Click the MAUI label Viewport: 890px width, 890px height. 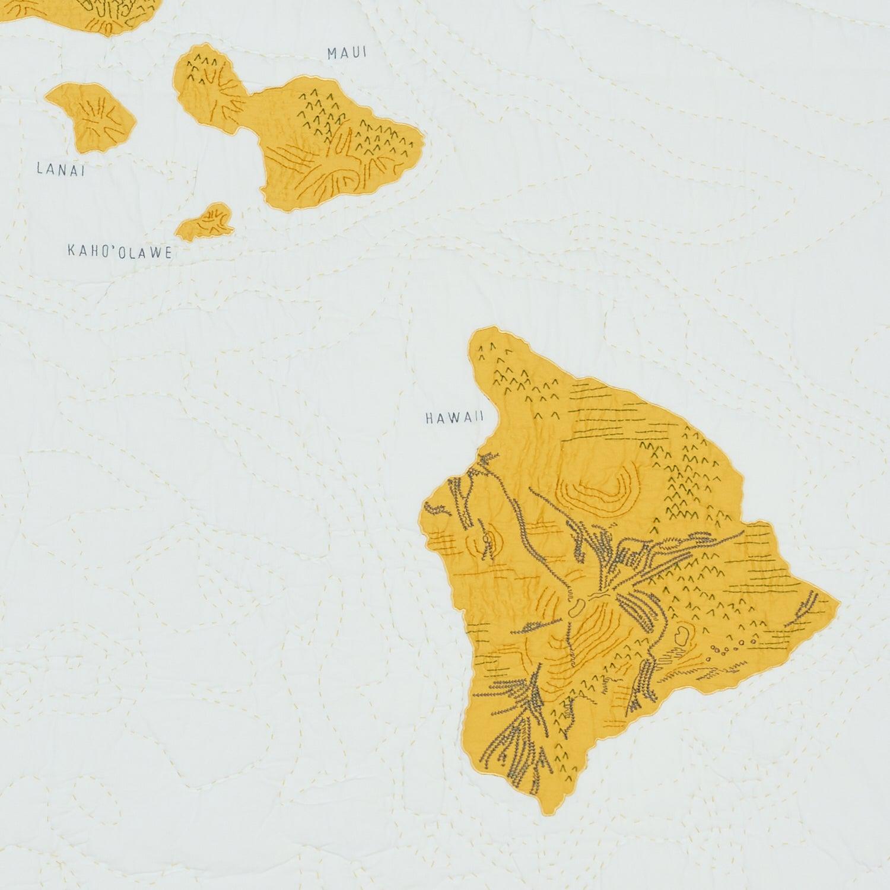point(347,53)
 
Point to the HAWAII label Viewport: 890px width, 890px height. point(454,418)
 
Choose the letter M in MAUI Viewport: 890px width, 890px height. point(332,53)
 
